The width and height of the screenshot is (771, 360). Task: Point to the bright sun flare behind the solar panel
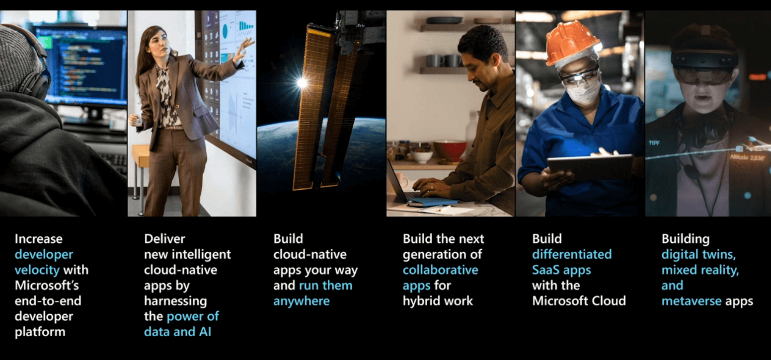coord(302,82)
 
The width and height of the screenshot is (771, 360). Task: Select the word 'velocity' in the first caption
coord(37,270)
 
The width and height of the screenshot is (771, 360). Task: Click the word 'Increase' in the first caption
coord(39,238)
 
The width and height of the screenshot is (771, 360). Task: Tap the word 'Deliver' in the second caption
coord(164,238)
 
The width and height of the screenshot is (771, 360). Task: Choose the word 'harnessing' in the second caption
coord(175,301)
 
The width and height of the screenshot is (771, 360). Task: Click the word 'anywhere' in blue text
coord(302,301)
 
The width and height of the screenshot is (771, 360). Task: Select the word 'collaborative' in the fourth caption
coord(441,270)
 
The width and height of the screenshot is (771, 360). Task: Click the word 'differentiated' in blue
coord(572,254)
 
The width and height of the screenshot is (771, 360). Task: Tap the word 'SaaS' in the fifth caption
coord(546,270)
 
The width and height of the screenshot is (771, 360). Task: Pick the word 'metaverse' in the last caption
coord(692,301)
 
